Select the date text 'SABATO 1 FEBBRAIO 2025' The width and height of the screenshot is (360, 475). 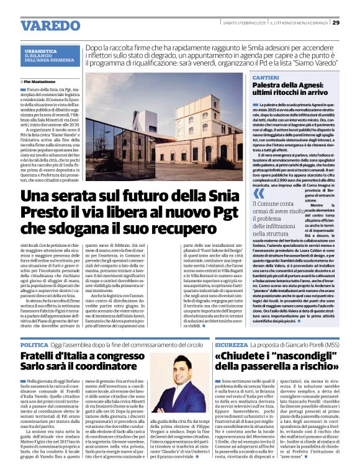(244, 23)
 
